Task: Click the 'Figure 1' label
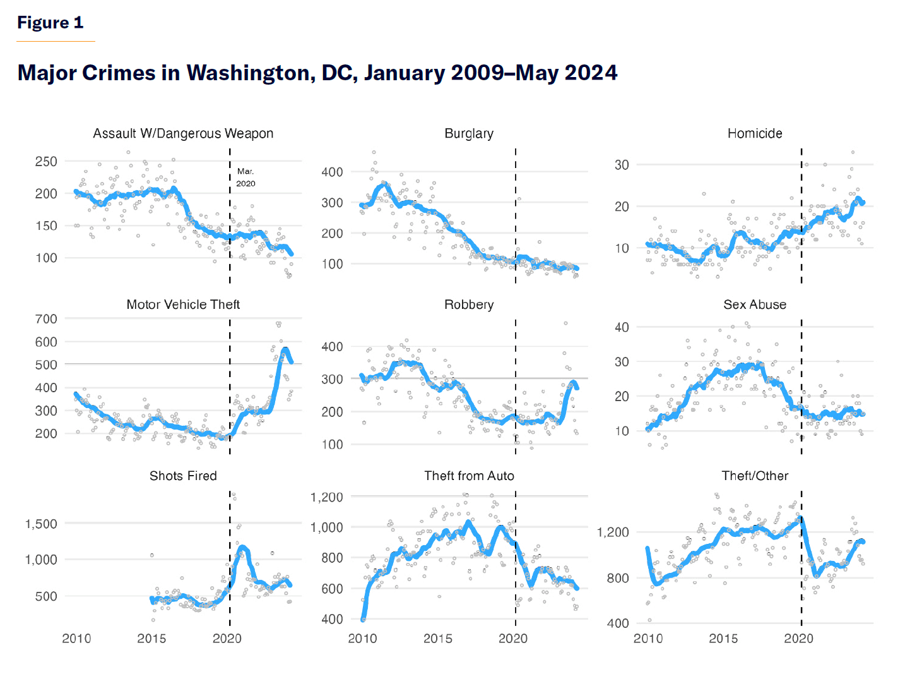pyautogui.click(x=50, y=23)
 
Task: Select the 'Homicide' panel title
pyautogui.click(x=755, y=133)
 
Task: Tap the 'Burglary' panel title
pyautogui.click(x=469, y=133)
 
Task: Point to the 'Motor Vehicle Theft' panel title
pyautogui.click(x=183, y=304)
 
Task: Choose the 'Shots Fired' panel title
pyautogui.click(x=183, y=476)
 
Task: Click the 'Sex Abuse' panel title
pyautogui.click(x=755, y=304)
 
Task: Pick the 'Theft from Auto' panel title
pyautogui.click(x=469, y=476)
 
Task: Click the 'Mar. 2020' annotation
pyautogui.click(x=245, y=178)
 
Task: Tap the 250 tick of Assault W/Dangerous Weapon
pyautogui.click(x=46, y=162)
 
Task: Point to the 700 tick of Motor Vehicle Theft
pyautogui.click(x=46, y=319)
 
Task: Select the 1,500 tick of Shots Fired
pyautogui.click(x=41, y=524)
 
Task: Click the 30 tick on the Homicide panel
pyautogui.click(x=622, y=165)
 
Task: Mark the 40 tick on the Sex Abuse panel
pyautogui.click(x=622, y=327)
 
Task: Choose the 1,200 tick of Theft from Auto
pyautogui.click(x=327, y=497)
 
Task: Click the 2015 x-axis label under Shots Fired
pyautogui.click(x=151, y=638)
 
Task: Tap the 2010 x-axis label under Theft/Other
pyautogui.click(x=648, y=638)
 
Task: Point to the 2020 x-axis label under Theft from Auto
pyautogui.click(x=513, y=638)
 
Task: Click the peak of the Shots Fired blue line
pyautogui.click(x=242, y=547)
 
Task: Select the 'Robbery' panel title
pyautogui.click(x=469, y=304)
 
